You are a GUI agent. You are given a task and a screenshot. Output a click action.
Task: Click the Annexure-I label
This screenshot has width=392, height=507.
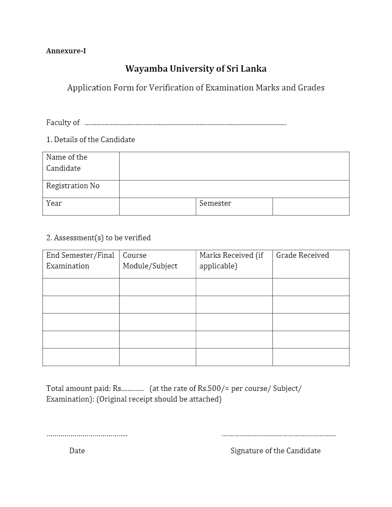(x=66, y=51)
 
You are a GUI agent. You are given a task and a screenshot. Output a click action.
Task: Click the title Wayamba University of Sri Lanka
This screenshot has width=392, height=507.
(x=196, y=69)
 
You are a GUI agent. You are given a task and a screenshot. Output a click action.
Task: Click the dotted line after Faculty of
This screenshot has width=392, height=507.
(x=185, y=124)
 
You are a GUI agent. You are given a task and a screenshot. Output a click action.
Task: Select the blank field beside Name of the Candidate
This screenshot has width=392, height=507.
(x=234, y=166)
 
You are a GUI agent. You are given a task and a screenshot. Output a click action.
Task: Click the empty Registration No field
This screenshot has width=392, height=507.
(x=234, y=189)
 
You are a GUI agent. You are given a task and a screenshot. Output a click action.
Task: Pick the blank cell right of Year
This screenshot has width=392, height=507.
(x=157, y=207)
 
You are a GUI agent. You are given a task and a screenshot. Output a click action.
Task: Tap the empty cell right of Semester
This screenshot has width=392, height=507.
(x=311, y=207)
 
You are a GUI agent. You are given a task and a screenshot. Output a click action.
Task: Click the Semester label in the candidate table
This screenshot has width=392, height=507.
(x=215, y=204)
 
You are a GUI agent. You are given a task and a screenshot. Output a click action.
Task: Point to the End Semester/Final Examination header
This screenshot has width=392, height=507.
(x=80, y=261)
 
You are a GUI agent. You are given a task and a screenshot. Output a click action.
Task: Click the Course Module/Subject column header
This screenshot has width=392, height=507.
(x=150, y=261)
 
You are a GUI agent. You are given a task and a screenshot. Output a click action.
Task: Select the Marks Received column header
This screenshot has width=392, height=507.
(x=231, y=261)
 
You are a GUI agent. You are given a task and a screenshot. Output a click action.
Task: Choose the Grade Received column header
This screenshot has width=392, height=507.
(x=302, y=256)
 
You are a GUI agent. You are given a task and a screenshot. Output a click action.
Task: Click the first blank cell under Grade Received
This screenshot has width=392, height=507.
(x=311, y=287)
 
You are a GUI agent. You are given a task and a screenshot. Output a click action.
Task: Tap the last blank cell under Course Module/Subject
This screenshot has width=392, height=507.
(x=157, y=357)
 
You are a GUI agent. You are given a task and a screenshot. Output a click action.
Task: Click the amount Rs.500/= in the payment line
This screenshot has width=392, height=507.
(x=212, y=389)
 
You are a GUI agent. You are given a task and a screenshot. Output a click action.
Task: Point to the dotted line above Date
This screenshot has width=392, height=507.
(x=87, y=435)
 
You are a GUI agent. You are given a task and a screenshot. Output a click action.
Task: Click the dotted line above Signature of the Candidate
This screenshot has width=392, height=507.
(x=279, y=435)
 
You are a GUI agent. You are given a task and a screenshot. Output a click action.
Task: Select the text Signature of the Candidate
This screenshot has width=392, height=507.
(x=275, y=451)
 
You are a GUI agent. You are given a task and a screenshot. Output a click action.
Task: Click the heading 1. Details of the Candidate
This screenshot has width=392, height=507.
(x=91, y=140)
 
